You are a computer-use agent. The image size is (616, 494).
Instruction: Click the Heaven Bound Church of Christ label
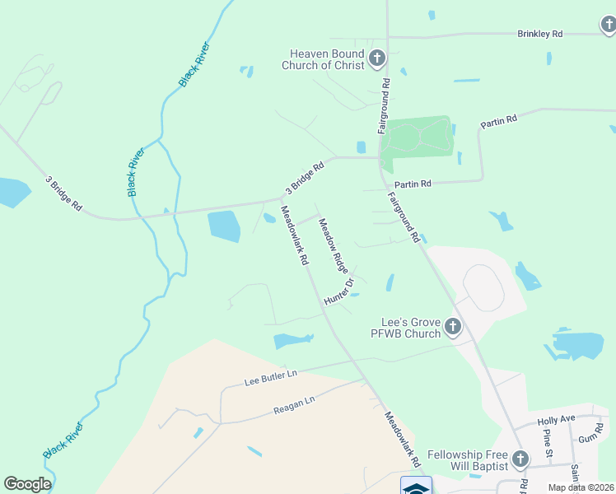click(323, 59)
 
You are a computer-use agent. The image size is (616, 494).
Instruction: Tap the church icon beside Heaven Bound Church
click(376, 58)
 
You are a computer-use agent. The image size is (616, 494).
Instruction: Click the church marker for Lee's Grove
click(452, 328)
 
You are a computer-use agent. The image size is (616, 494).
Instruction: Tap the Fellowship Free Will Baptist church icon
click(520, 459)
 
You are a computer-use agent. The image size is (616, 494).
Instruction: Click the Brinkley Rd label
click(539, 34)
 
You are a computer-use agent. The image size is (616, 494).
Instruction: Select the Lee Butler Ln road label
click(270, 378)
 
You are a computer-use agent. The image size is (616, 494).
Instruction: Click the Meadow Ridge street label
click(334, 246)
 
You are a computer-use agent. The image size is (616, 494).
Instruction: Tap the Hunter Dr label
click(338, 291)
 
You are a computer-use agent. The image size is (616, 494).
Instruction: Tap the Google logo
click(27, 484)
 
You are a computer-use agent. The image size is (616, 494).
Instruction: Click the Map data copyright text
click(581, 487)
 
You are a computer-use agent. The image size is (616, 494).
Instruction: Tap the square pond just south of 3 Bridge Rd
click(224, 226)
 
